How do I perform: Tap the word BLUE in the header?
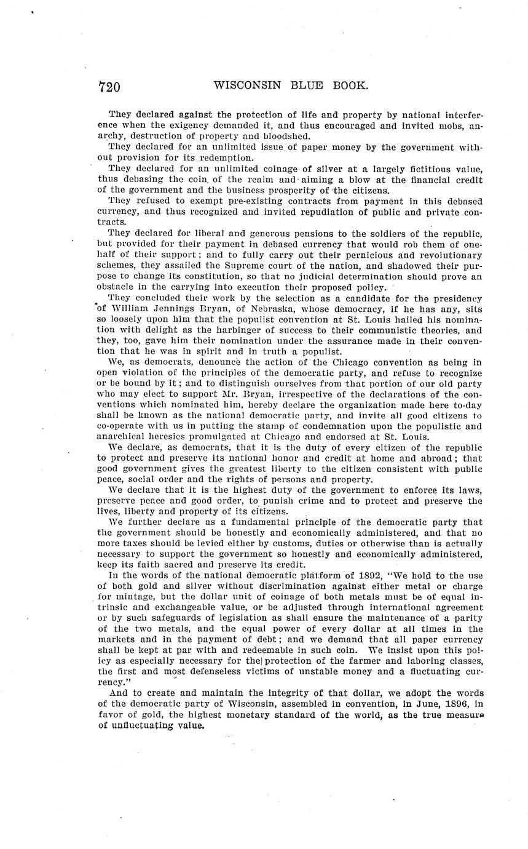pos(305,86)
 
